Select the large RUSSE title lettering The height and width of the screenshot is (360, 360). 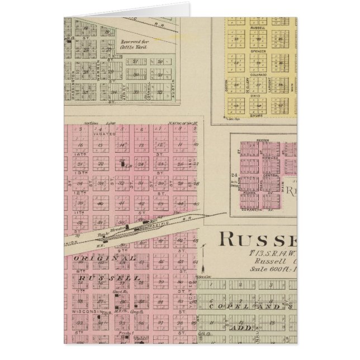[257, 239]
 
